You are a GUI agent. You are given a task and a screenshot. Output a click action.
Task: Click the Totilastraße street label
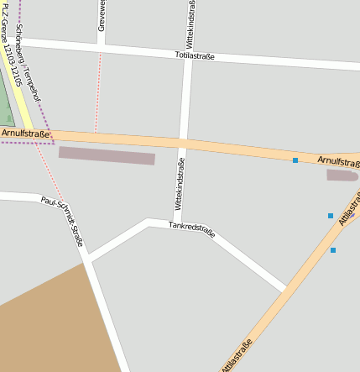pos(195,56)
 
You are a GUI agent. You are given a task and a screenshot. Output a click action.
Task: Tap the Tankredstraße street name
pos(192,228)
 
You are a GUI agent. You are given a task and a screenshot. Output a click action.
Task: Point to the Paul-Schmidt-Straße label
pos(62,221)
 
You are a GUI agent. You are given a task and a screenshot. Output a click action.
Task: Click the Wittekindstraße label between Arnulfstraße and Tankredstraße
pos(179,184)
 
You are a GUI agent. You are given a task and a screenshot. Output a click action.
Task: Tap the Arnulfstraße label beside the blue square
pos(337,160)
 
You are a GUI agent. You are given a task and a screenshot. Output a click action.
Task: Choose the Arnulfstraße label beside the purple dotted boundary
pos(25,133)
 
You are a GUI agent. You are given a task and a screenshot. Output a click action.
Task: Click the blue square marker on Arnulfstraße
pos(295,160)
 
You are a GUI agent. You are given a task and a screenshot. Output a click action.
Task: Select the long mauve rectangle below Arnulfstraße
pos(107,156)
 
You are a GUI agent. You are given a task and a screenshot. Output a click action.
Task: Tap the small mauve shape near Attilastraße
pos(342,176)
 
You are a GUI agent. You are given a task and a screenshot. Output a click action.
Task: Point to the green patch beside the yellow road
pos(5,101)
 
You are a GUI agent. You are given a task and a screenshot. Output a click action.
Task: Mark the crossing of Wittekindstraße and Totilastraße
pos(187,56)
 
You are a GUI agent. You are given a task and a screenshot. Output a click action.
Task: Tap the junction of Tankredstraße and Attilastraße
pos(285,291)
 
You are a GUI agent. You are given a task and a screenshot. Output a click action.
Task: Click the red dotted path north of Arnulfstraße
pos(98,92)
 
